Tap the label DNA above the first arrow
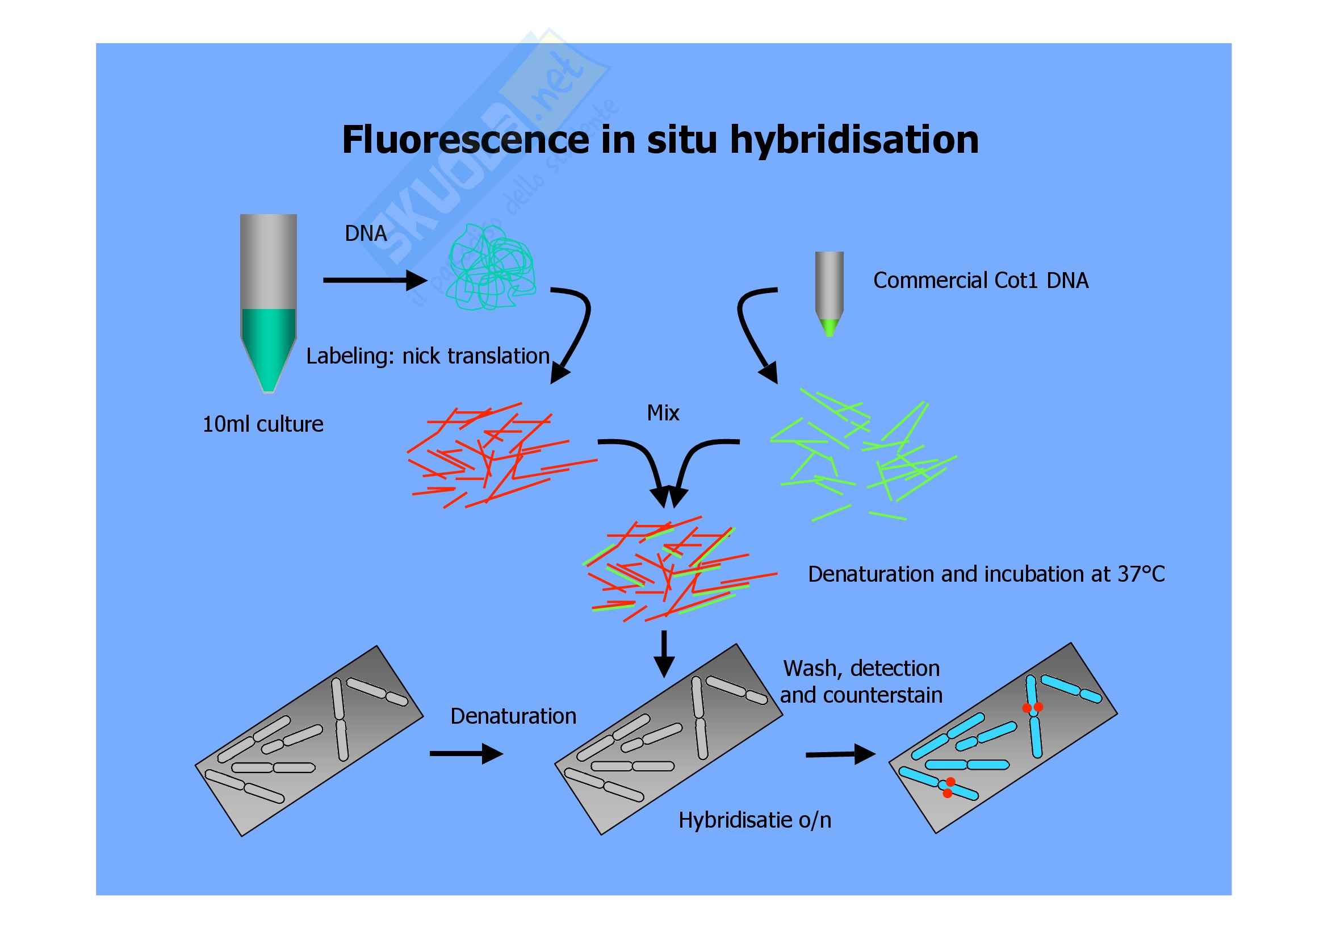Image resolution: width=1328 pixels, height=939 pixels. (366, 233)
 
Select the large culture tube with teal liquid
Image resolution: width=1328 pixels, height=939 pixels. (269, 301)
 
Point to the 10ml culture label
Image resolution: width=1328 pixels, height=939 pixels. (263, 425)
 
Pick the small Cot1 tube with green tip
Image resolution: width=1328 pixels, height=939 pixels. (829, 292)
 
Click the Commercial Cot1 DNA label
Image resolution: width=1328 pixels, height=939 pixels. (981, 281)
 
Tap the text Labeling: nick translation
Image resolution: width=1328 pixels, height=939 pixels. (428, 356)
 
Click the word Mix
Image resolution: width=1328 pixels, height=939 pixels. (663, 413)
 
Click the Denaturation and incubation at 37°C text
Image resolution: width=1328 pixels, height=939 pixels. (986, 574)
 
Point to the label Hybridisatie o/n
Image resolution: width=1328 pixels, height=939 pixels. (754, 820)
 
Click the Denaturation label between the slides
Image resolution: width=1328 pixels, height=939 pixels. (513, 716)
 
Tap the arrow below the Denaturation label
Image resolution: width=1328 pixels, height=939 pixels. (466, 753)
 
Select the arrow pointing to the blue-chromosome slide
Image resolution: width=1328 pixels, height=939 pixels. (840, 754)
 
